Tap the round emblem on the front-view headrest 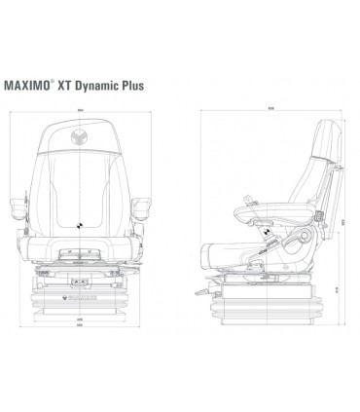[78, 136]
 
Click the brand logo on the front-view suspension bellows [78, 286]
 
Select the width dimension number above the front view [78, 111]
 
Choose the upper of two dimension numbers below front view [78, 317]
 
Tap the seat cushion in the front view [78, 250]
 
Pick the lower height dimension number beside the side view [338, 287]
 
